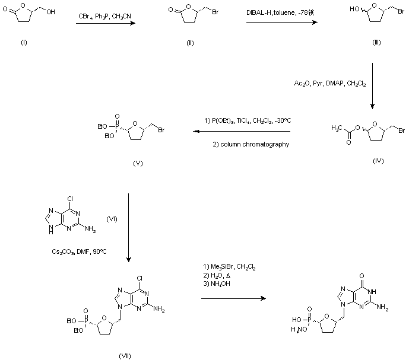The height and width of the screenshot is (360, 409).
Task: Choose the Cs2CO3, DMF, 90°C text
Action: click(x=79, y=251)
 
